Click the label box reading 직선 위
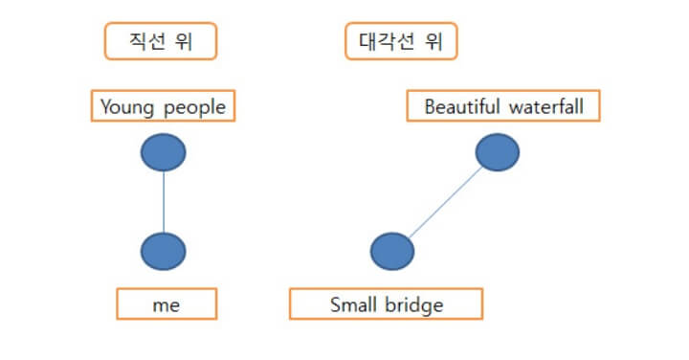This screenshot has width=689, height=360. tap(161, 41)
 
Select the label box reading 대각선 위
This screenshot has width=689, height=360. tap(401, 41)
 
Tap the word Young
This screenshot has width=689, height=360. tap(127, 106)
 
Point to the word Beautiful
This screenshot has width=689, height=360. tap(460, 105)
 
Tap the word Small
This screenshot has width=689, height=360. tap(353, 304)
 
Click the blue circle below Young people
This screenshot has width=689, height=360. tap(163, 151)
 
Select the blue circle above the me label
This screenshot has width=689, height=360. tap(163, 251)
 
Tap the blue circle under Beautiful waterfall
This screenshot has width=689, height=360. tap(497, 151)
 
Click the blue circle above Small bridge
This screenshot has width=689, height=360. tap(392, 251)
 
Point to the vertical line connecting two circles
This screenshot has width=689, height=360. tap(163, 201)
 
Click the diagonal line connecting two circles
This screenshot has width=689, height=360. tap(445, 201)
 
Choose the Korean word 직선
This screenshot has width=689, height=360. tap(148, 41)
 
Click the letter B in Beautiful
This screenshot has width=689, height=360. tap(430, 105)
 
